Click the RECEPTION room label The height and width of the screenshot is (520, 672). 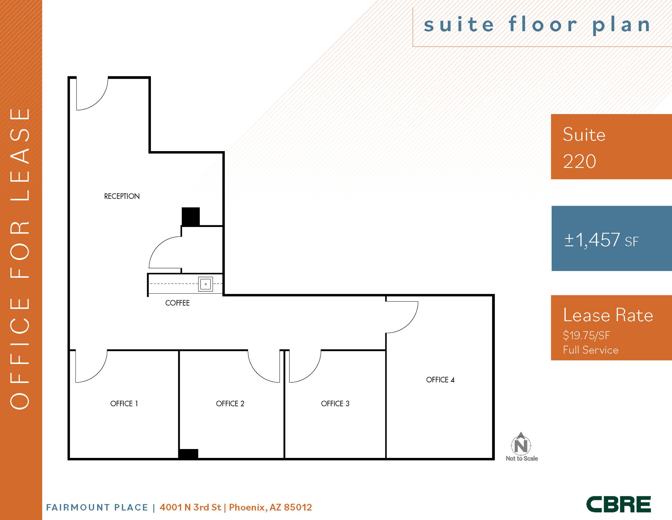tap(122, 196)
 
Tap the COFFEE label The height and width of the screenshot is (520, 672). tap(177, 303)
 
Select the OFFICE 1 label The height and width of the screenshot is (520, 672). tap(124, 403)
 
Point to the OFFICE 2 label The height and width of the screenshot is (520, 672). tap(230, 403)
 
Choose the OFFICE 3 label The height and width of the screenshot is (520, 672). tap(335, 403)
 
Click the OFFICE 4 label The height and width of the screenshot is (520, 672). tap(440, 380)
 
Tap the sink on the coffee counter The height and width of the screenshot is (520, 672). tap(205, 284)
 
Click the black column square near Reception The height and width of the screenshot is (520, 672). tap(191, 216)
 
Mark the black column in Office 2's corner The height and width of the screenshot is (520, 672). tap(188, 454)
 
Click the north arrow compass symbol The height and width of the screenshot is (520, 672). tap(521, 444)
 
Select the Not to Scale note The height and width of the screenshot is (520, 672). tap(522, 459)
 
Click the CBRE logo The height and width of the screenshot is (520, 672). tap(619, 504)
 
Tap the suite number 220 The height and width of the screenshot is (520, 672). tap(579, 161)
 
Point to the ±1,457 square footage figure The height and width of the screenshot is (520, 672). tap(592, 240)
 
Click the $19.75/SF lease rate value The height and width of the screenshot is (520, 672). tap(586, 335)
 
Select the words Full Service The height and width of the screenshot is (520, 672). tap(591, 350)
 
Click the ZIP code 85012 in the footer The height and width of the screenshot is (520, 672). tap(298, 508)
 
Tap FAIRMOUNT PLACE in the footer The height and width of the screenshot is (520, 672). tap(97, 508)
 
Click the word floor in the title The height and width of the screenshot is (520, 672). tap(543, 25)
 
